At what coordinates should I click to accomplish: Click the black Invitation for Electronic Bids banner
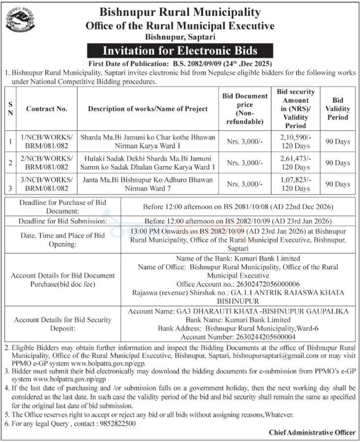coord(180,50)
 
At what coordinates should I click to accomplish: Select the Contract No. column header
coord(47,109)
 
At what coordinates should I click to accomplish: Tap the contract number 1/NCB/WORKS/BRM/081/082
coord(47,142)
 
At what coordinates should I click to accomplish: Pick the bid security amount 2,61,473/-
coord(296,158)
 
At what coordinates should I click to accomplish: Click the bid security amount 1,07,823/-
coord(296,180)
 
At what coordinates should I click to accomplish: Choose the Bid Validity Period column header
coord(337,109)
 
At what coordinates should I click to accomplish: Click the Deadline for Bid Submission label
coord(62,221)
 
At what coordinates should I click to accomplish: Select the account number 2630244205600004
coord(238,337)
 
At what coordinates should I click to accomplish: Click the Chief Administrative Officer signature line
coord(312,432)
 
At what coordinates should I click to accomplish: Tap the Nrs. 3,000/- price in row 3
coord(245,184)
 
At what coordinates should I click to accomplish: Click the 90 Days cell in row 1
coord(337,142)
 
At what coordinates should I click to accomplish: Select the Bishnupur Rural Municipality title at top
coord(180,12)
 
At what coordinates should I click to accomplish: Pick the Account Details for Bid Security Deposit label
coord(62,324)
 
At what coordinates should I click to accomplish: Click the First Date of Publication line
coord(180,64)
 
